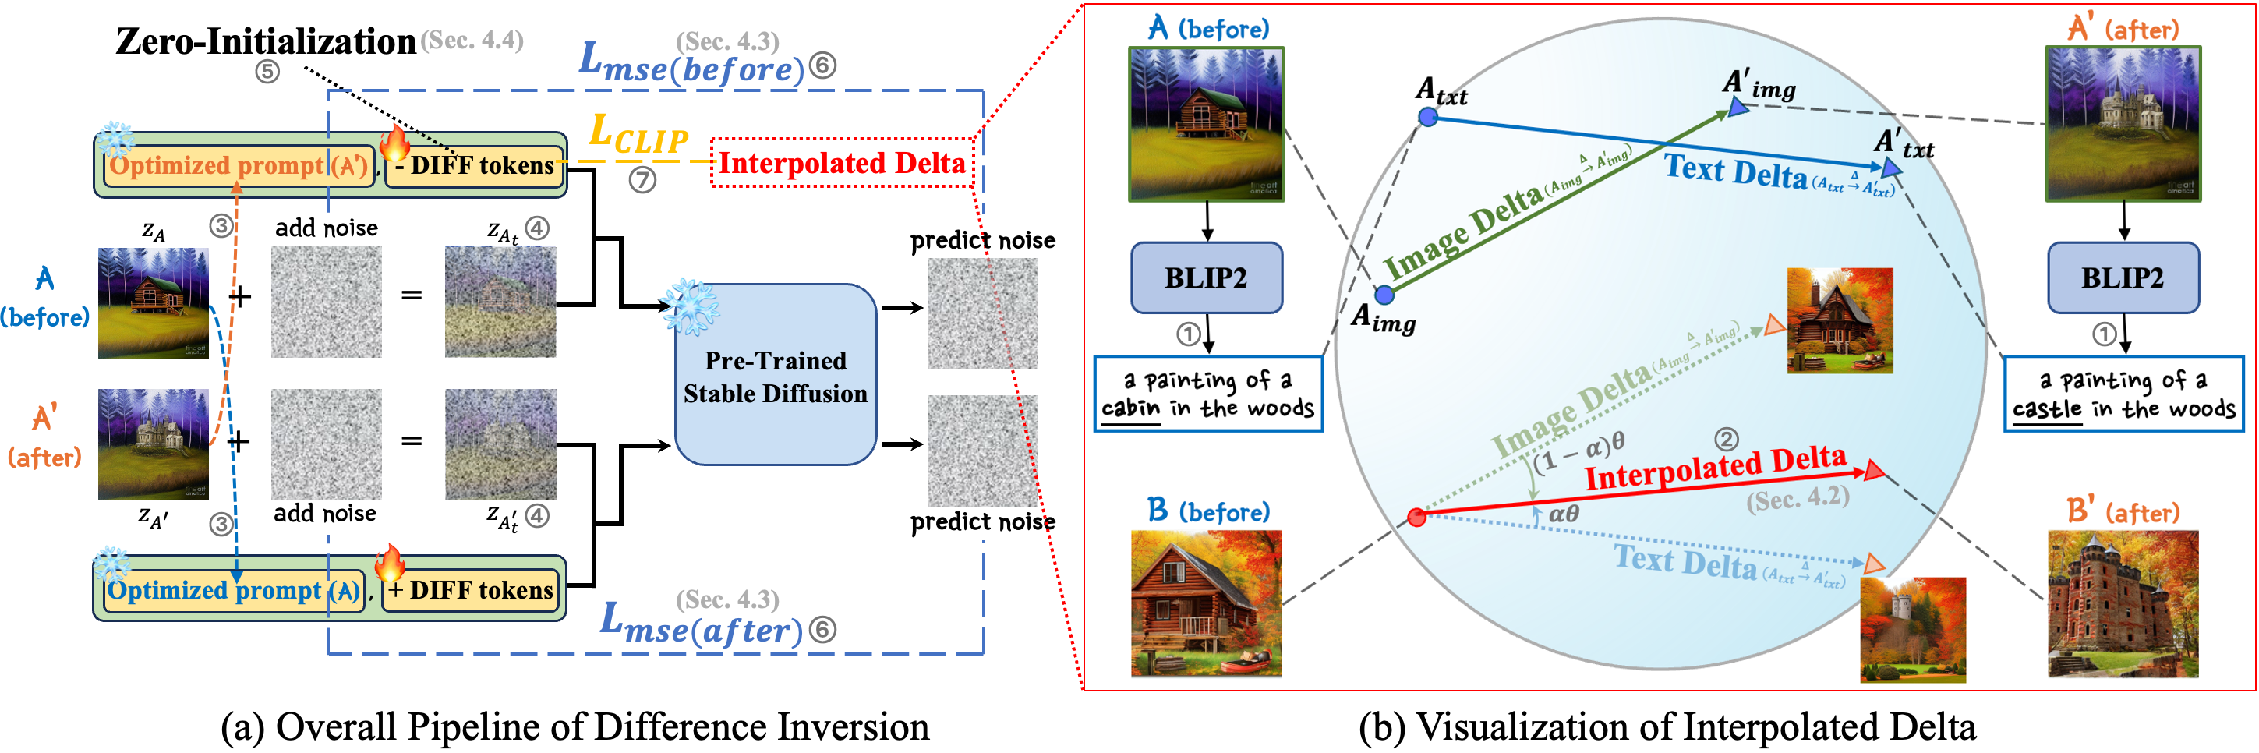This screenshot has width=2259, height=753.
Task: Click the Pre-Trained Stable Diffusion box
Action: point(775,374)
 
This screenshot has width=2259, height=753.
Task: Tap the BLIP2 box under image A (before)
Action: point(1207,278)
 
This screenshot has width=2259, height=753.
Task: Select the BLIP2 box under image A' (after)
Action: point(2123,278)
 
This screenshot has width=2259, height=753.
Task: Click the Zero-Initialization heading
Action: point(266,41)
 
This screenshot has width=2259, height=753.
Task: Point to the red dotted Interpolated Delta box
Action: point(842,163)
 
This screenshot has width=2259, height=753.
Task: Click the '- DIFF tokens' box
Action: point(474,166)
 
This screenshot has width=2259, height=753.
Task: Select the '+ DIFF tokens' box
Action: point(471,590)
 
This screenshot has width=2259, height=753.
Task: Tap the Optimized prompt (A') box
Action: point(239,166)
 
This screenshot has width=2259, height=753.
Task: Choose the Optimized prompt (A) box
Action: point(234,590)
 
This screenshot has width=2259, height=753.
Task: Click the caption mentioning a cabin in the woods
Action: point(1208,394)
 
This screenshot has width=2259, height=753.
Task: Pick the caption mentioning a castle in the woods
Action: point(2124,394)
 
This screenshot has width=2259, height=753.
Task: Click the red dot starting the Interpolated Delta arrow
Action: point(1416,517)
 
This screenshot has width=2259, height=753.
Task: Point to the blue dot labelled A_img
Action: point(1384,295)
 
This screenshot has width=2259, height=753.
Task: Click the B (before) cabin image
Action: point(1207,603)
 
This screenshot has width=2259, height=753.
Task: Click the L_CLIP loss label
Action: point(638,136)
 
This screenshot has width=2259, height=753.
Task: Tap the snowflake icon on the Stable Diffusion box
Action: point(691,307)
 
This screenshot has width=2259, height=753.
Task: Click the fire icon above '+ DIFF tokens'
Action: point(391,562)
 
